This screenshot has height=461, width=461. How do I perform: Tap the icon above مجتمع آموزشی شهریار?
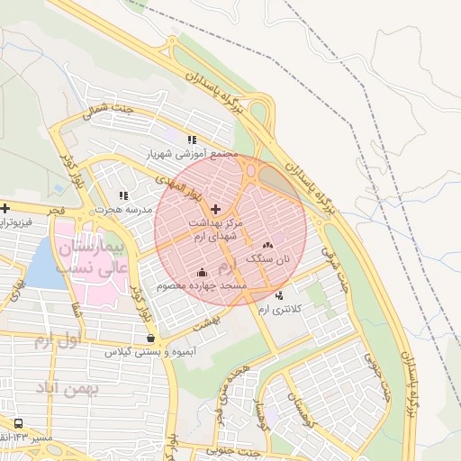[191, 140]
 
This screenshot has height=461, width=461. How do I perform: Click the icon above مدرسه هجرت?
[123, 195]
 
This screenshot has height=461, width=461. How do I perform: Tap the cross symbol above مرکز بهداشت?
[214, 209]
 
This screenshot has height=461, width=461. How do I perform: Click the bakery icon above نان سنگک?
[267, 245]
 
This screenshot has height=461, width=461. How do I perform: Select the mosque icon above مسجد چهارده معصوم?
[202, 272]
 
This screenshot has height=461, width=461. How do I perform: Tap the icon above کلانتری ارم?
[279, 295]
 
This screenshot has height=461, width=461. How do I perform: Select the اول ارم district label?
[57, 340]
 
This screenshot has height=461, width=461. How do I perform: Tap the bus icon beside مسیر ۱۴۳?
[19, 423]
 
